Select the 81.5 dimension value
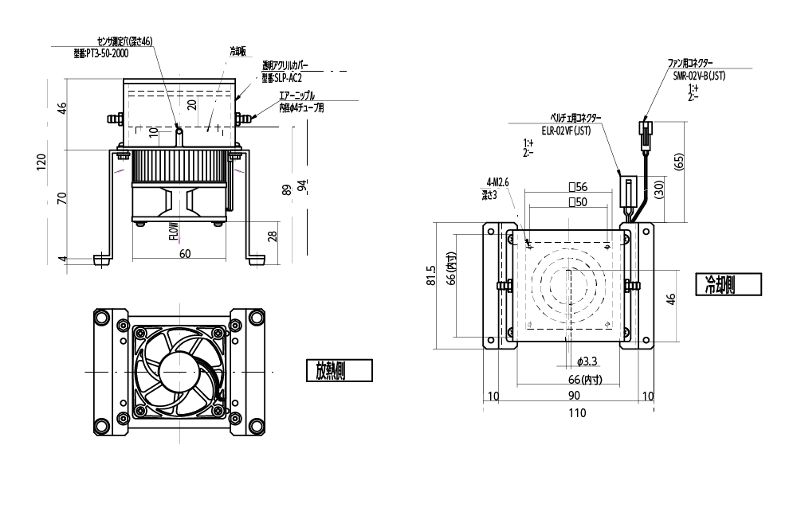point(431,276)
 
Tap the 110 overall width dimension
point(576,413)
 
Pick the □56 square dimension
point(577,187)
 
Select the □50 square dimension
point(577,203)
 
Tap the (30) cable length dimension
point(658,189)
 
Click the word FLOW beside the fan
point(173,232)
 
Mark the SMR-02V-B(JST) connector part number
point(699,76)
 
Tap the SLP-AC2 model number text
point(282,79)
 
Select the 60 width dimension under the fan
point(185,254)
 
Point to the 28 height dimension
point(273,236)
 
